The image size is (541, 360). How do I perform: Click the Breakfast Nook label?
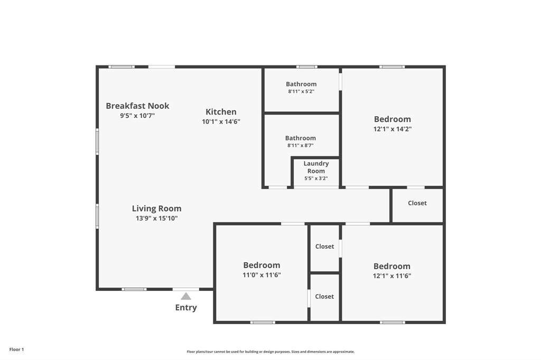point(137,106)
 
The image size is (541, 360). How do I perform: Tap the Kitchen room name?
point(221,112)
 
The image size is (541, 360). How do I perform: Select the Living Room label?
point(156,209)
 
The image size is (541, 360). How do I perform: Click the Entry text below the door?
point(186,308)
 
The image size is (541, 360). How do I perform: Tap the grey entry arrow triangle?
point(186,297)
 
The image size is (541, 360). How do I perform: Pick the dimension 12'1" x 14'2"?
point(392,129)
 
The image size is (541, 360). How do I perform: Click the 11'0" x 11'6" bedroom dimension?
point(262,274)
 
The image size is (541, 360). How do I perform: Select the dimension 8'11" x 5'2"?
point(301,91)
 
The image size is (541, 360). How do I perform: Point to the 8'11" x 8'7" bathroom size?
point(301,145)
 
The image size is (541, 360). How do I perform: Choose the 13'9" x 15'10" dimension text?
point(156,218)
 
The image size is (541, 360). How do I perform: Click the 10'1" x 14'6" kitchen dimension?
point(221,121)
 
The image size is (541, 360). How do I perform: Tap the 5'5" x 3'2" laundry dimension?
point(316,178)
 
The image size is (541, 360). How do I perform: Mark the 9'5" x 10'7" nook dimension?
point(137,115)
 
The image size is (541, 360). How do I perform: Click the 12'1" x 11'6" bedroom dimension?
point(392,276)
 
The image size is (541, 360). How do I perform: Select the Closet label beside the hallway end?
point(417,203)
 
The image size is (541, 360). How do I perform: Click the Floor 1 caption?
point(16,349)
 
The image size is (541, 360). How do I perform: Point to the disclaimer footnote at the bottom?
point(270,352)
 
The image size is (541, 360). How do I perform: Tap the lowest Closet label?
point(324,297)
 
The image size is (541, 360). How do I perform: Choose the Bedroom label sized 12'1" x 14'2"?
point(392,119)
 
